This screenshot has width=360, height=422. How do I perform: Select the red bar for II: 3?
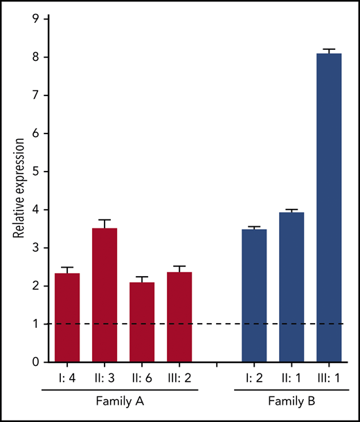tap(105, 295)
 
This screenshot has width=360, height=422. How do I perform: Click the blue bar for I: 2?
tap(254, 295)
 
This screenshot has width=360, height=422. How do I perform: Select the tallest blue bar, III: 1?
tap(329, 208)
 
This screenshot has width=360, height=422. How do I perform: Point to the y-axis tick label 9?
tap(25, 19)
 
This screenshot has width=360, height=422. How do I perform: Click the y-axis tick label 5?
tap(25, 172)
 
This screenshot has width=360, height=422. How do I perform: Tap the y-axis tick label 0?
tap(25, 362)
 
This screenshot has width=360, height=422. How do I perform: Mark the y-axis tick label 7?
tap(25, 95)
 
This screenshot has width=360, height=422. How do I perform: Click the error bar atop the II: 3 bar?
tap(105, 223)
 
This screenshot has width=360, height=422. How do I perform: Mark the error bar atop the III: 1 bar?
tap(329, 51)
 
